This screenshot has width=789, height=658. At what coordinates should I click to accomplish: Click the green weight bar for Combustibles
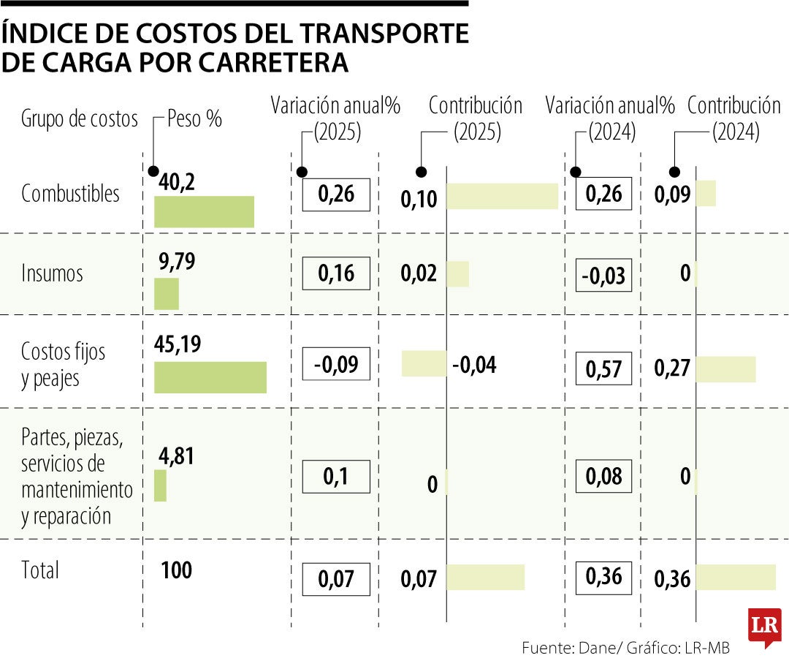click(204, 212)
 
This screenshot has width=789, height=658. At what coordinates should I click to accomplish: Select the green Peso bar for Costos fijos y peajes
click(210, 377)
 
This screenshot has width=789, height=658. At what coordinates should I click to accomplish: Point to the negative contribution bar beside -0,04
click(424, 363)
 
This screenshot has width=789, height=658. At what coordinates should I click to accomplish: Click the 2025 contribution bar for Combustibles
click(502, 197)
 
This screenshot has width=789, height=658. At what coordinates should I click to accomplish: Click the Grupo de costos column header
click(80, 118)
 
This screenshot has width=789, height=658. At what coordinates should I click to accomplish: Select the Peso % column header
click(194, 118)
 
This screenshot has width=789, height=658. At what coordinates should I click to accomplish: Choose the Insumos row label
click(52, 273)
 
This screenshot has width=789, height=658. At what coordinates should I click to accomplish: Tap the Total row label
click(40, 570)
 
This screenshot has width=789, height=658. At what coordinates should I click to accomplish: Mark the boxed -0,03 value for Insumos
click(603, 276)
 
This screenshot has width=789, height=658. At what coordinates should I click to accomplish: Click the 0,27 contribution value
click(672, 368)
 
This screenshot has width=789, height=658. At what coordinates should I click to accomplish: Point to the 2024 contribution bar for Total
click(735, 577)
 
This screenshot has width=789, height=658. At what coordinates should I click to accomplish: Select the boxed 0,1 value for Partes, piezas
click(336, 477)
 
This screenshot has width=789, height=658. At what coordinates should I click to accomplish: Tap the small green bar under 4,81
click(160, 485)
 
